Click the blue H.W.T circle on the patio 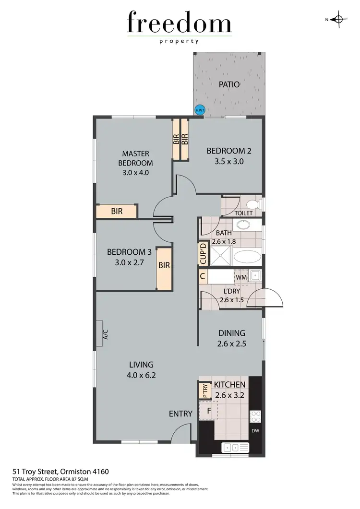coord(199,111)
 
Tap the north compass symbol coord(339,19)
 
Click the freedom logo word coord(180,23)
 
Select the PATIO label coord(229,85)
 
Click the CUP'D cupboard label coord(204,254)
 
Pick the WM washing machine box coord(241,277)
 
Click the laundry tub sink coord(255,276)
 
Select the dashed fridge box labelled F coord(208,411)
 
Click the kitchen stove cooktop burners coord(255,415)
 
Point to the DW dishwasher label coord(255,431)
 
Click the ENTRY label coord(180,414)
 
